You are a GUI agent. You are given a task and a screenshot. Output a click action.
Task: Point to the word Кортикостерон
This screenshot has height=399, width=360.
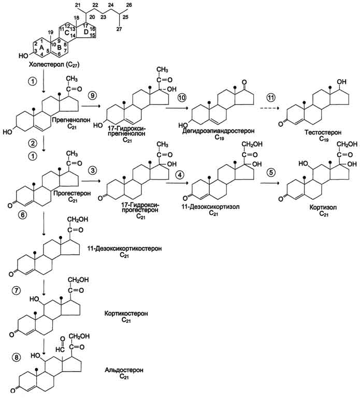coord(124,314)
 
